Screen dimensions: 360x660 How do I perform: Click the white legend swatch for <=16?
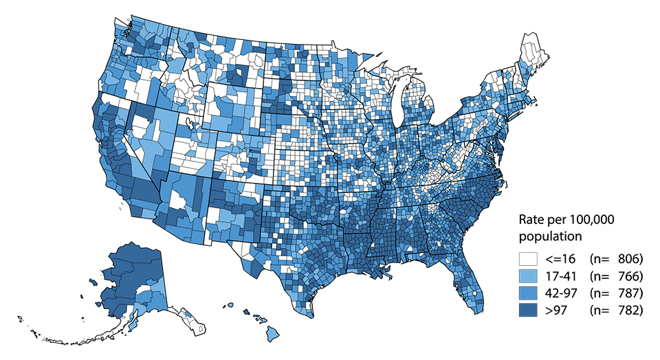click(527, 260)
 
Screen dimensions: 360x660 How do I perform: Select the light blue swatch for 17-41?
click(527, 276)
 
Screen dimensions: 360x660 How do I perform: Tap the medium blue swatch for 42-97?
click(527, 293)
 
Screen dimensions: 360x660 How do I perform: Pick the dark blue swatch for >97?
click(527, 311)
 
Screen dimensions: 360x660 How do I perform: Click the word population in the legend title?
click(550, 236)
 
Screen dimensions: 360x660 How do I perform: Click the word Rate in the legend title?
click(530, 220)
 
